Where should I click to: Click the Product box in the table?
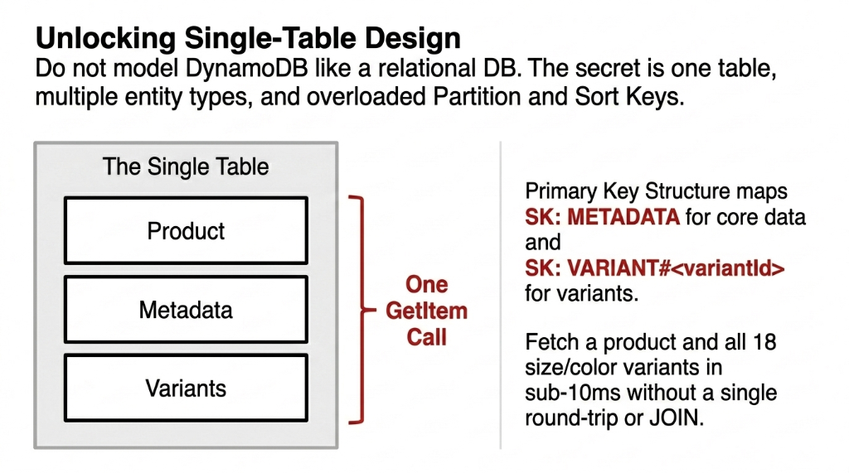pyautogui.click(x=186, y=230)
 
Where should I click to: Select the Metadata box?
pyautogui.click(x=186, y=310)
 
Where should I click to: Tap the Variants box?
pyautogui.click(x=186, y=388)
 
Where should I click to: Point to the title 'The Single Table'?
pyautogui.click(x=186, y=167)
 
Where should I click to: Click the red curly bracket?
pyautogui.click(x=358, y=310)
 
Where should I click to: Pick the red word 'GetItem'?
pyautogui.click(x=427, y=311)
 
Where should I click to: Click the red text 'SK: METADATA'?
pyautogui.click(x=603, y=217)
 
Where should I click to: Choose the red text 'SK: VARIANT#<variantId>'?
pyautogui.click(x=654, y=268)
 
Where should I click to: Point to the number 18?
pyautogui.click(x=764, y=342)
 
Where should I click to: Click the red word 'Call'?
pyautogui.click(x=427, y=337)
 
